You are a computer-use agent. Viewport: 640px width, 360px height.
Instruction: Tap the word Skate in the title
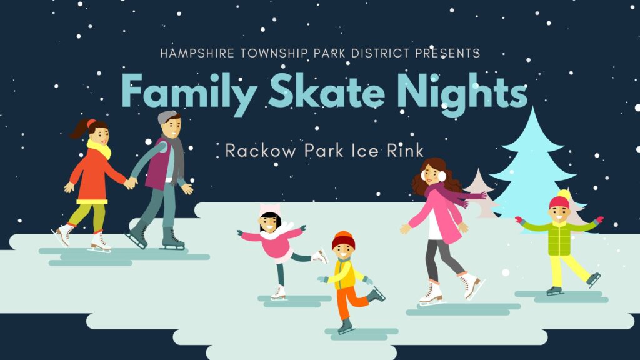(326, 91)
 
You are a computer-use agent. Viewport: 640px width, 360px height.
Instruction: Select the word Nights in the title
(462, 93)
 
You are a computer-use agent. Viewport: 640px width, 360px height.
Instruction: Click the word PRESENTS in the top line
(447, 54)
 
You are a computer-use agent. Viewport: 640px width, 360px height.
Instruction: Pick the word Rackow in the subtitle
(261, 151)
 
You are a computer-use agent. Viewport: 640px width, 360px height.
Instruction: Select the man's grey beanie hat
(166, 117)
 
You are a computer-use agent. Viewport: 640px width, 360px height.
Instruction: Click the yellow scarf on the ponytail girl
(99, 147)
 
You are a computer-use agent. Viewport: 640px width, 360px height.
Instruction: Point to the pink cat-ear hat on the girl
(270, 211)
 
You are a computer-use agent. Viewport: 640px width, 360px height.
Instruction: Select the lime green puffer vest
(559, 239)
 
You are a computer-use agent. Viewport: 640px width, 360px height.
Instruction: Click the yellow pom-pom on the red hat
(564, 194)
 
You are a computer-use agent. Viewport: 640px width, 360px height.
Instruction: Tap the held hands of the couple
(131, 183)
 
